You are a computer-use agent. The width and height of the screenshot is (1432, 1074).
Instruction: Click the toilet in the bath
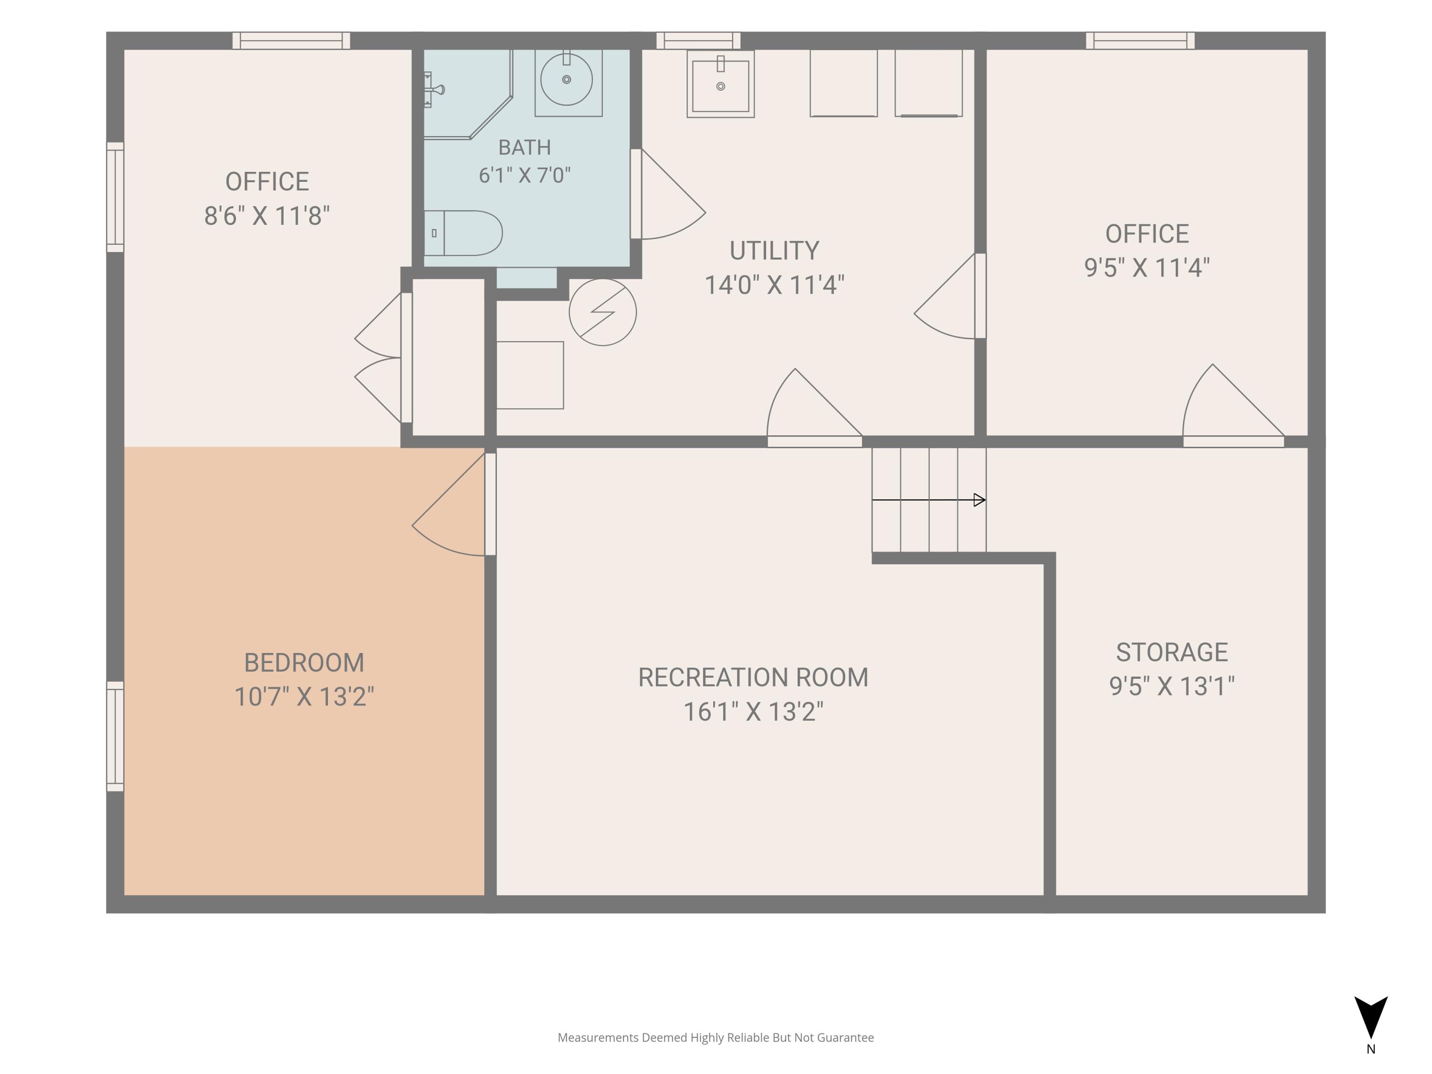point(463,233)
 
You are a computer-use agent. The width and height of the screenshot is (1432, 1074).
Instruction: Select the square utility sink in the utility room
point(720,84)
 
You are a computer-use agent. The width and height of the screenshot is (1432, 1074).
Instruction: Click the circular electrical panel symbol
point(603,312)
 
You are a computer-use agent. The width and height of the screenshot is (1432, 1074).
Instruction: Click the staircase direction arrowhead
point(979,500)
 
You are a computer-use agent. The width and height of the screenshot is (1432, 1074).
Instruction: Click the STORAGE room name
point(1172,653)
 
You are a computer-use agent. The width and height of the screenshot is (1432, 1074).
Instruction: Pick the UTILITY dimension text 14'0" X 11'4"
point(774,285)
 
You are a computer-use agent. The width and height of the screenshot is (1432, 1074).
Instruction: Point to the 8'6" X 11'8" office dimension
point(267,216)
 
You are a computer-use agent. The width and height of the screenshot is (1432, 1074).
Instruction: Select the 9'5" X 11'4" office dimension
point(1147,268)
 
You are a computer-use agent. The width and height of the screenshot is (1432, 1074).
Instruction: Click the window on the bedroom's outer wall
point(115,736)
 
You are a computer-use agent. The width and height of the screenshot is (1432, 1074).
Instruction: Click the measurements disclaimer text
point(716,1038)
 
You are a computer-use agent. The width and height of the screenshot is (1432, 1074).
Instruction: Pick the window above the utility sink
point(698,41)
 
